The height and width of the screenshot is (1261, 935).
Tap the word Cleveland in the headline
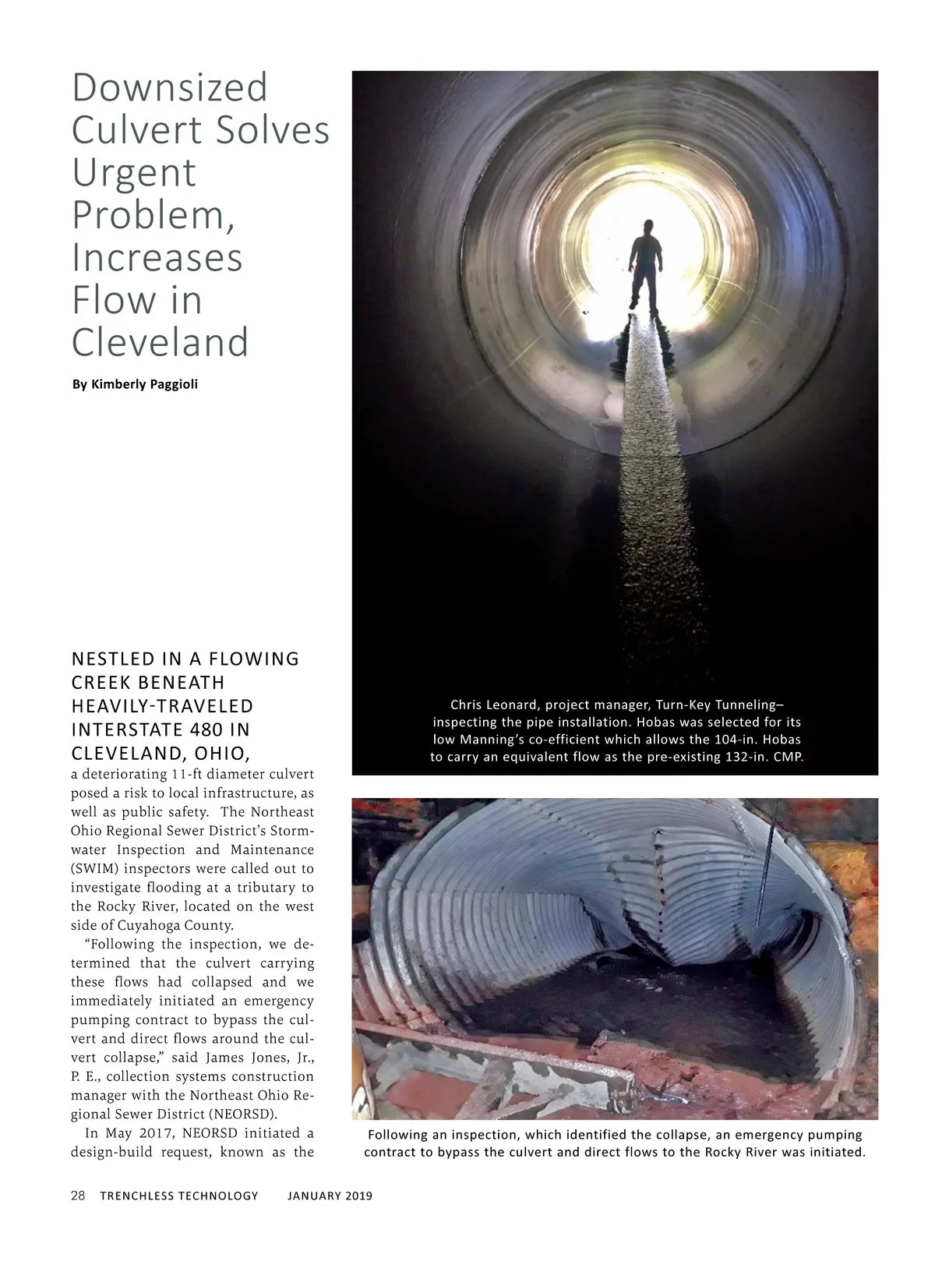[x=160, y=341]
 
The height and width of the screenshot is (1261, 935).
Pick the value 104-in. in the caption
[x=740, y=739]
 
